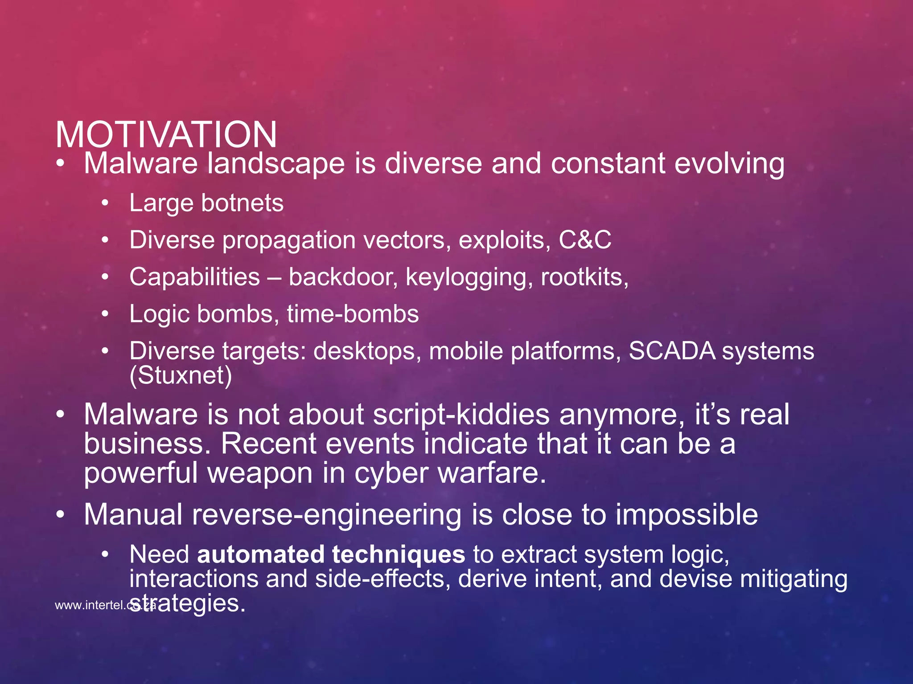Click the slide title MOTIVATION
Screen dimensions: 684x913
coord(166,134)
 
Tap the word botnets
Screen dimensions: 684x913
coord(242,203)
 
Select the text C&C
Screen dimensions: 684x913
coord(584,240)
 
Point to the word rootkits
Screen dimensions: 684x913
coord(584,277)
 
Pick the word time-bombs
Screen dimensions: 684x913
coord(353,314)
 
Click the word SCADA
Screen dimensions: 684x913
coord(671,351)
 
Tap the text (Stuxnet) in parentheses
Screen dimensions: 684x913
coord(181,375)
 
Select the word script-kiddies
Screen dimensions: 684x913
coord(461,415)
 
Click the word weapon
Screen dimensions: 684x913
coord(260,473)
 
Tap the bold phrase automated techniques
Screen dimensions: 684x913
coord(331,555)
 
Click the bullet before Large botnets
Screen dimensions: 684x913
coord(105,204)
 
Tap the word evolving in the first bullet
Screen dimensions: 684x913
coord(729,163)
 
